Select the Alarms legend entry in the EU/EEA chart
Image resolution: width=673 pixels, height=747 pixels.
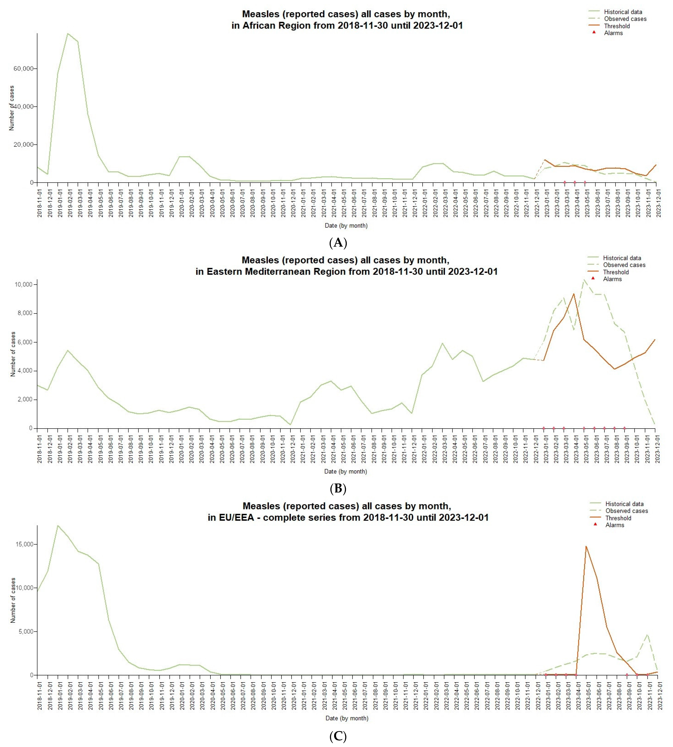pos(615,525)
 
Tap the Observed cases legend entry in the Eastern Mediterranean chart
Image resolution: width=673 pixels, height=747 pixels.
pos(624,265)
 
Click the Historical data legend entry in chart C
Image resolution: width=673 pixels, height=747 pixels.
pos(624,504)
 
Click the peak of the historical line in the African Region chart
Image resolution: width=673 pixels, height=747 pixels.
pos(68,34)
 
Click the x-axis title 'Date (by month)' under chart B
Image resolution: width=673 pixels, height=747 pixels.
pos(345,471)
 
